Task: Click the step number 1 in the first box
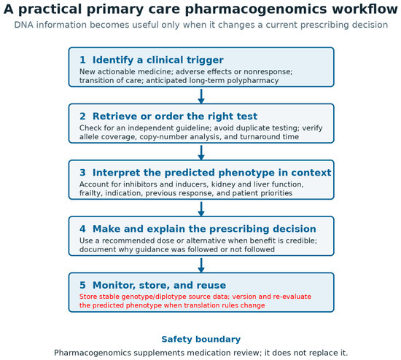82,60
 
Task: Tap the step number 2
82,116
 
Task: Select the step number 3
82,173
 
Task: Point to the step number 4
82,229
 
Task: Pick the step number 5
82,285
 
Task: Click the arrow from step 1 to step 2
201,96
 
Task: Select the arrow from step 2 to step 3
201,152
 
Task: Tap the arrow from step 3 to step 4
201,209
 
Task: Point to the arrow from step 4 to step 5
201,265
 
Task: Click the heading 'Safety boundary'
201,340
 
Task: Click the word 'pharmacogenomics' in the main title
256,9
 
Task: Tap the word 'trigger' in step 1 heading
205,60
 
